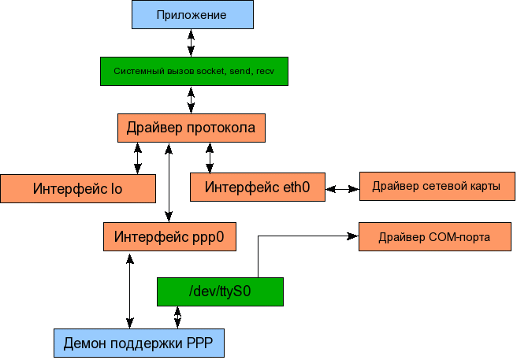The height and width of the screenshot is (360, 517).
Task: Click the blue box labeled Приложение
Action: tap(191, 14)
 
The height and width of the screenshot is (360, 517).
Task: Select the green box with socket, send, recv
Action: tap(193, 71)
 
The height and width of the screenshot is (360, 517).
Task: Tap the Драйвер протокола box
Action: tap(192, 128)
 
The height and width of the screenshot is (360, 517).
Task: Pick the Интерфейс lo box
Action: tap(78, 188)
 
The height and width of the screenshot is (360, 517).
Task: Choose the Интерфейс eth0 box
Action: tap(257, 187)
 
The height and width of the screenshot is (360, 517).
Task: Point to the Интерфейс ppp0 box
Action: tap(169, 236)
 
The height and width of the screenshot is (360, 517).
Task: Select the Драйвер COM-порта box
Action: tap(434, 236)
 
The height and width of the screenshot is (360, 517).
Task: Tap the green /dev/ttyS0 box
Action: tap(220, 292)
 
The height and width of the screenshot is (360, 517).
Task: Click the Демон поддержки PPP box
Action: tap(138, 343)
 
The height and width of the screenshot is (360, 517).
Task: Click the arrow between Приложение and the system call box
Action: tap(191, 43)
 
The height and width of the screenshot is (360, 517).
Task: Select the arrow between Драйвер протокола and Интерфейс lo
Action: tap(139, 158)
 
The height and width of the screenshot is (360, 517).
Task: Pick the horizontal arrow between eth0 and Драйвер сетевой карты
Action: tap(342, 189)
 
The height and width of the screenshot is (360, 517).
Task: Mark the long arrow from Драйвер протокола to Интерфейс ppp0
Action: tap(169, 182)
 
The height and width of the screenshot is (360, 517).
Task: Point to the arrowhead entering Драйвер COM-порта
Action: tap(352, 235)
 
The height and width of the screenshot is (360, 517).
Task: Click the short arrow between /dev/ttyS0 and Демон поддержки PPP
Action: tap(177, 317)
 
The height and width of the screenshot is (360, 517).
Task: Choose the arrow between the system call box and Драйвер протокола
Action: tap(191, 99)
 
